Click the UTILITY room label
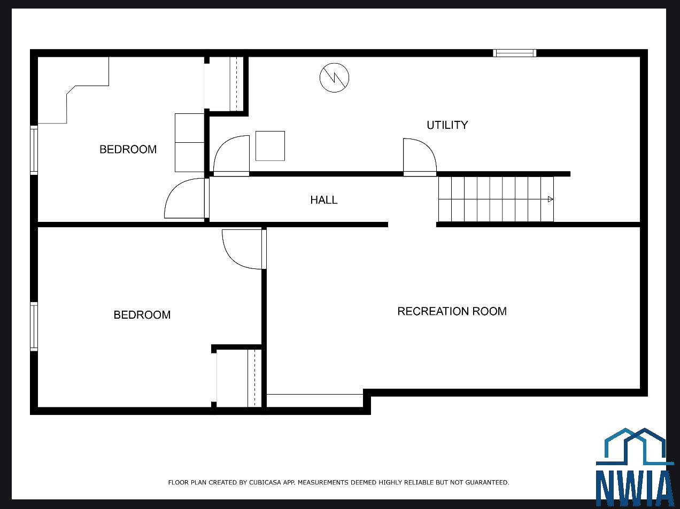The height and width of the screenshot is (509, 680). pos(447,125)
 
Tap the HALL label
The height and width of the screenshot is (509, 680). pos(324,200)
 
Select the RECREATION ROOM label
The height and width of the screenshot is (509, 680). pos(452,311)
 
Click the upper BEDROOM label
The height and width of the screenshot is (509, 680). pos(128,149)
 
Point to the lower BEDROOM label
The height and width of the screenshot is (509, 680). pos(142,315)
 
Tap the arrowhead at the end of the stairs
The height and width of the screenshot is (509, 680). pos(550,199)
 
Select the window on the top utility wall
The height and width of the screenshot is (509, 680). pos(515,53)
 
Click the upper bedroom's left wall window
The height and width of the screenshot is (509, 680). pos(34,150)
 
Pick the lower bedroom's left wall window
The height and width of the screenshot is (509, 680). pos(34,327)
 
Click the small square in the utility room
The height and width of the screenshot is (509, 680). pos(270,146)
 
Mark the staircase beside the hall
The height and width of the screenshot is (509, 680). pos(496,199)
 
